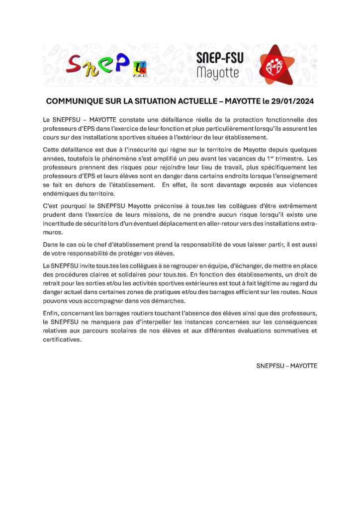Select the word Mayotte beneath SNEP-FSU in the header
coord(218,73)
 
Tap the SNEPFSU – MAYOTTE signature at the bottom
coord(286,365)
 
